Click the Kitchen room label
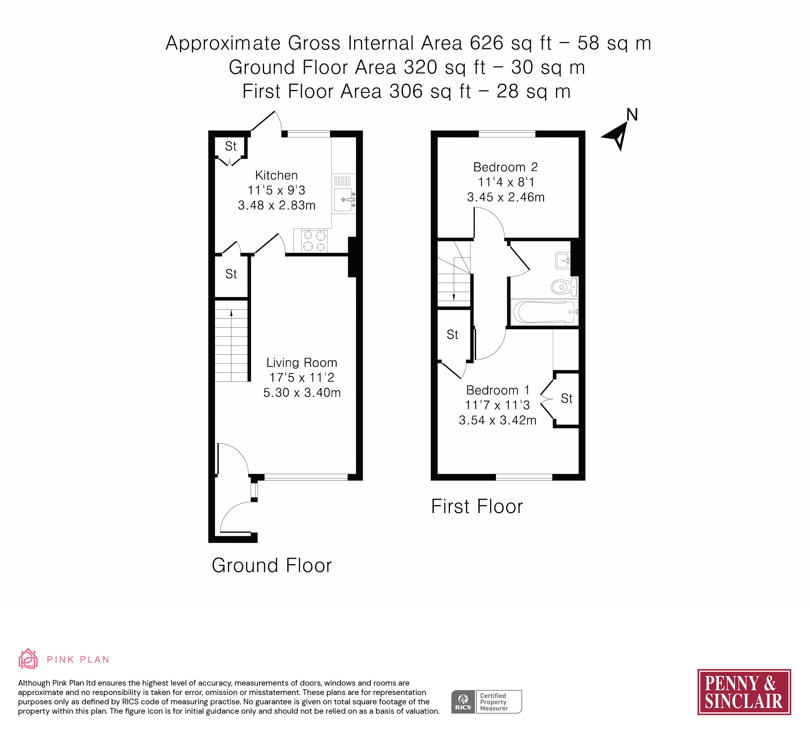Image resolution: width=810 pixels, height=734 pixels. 277,176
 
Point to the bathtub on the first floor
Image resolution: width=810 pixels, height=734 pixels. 544,312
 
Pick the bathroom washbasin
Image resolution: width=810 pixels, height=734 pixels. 563,260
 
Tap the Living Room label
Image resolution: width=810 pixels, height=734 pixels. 302,363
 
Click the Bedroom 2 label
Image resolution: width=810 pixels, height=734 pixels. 505,167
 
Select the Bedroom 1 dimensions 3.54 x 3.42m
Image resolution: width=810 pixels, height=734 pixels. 497,420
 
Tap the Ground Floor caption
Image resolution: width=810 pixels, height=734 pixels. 272,565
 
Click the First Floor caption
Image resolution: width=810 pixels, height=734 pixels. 477,506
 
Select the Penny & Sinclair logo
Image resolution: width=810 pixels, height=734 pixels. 744,692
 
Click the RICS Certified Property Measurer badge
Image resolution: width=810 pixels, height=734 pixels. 487,702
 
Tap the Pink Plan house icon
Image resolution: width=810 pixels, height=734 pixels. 28,659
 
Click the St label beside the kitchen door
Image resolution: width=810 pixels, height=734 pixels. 231,274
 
